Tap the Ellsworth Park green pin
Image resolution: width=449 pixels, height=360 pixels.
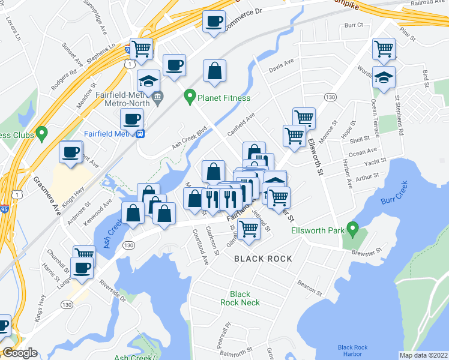[353, 228]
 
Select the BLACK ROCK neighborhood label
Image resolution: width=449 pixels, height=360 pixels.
[263, 259]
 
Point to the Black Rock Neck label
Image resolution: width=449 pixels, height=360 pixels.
[240, 298]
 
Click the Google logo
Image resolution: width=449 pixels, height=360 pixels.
[20, 353]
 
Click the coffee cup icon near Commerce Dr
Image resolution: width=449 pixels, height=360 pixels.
[214, 23]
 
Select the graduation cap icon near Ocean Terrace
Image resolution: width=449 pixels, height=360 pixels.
[384, 77]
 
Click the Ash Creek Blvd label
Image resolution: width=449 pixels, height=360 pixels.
[189, 137]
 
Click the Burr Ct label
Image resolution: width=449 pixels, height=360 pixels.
[354, 25]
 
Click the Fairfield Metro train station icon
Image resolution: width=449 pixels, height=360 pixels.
[140, 133]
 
